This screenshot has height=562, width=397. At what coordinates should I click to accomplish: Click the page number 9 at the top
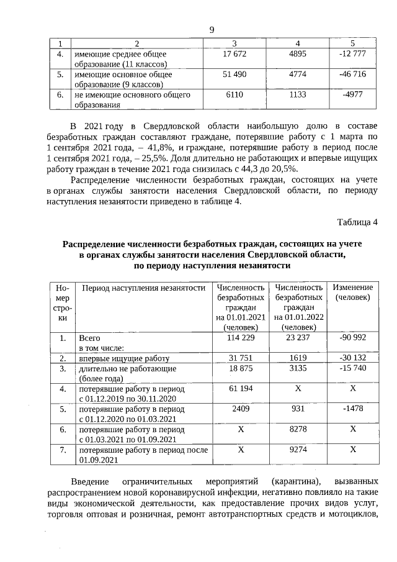pos(212,30)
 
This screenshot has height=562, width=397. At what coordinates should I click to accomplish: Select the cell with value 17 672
pos(234,54)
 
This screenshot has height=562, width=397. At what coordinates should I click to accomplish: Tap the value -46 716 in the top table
pos(352,75)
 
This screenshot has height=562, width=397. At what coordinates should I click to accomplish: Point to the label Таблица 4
pos(357,222)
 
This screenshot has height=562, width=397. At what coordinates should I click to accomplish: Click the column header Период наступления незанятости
pos(143,288)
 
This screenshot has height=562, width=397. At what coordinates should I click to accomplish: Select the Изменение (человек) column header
pos(352,292)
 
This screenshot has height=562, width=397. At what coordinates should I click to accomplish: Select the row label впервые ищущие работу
pos(124,358)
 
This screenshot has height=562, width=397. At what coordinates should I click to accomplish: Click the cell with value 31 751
pos(241,358)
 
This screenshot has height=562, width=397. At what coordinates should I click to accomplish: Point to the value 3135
pos(299,368)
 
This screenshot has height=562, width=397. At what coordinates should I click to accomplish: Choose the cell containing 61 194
pos(241,389)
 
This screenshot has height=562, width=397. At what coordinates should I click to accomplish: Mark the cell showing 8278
pos(299,429)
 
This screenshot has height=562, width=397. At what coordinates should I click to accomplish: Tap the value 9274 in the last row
pos(299,450)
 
